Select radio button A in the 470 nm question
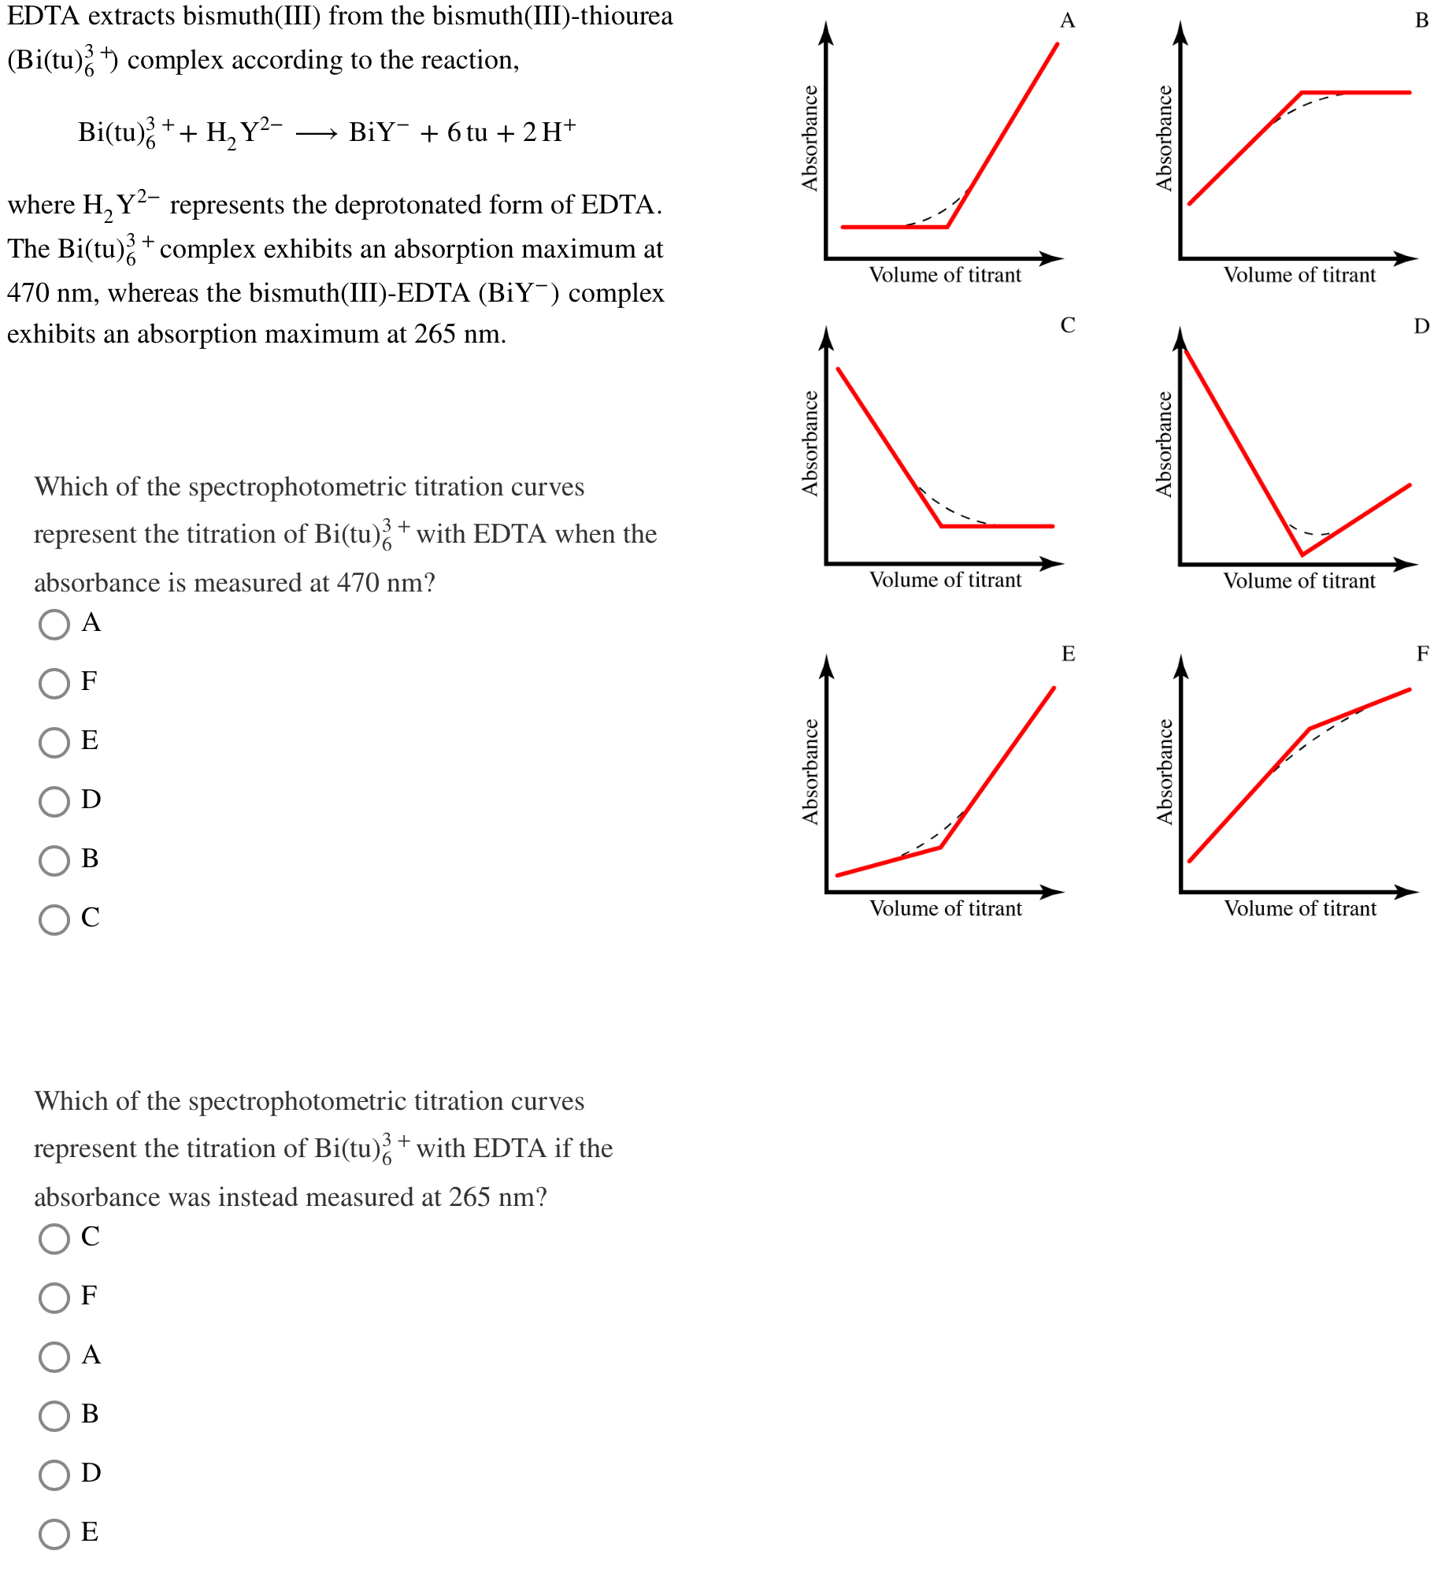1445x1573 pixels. coord(54,625)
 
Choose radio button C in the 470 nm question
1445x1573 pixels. coord(54,919)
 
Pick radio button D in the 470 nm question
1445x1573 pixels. coord(54,801)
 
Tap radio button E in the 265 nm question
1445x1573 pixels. coord(54,1534)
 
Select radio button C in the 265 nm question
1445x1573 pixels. coord(54,1238)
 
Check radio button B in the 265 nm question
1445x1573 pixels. coord(54,1415)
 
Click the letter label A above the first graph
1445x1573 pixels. coord(1067,20)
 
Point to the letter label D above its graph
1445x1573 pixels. coord(1421,326)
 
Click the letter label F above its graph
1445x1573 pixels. coord(1422,654)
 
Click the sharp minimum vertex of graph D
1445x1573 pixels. coord(1302,555)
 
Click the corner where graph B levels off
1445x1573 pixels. coord(1302,93)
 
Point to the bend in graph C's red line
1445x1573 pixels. coord(942,525)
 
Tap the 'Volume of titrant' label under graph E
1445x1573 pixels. coord(945,909)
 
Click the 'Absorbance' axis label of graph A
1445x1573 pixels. coord(810,138)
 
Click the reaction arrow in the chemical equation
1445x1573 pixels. coord(317,134)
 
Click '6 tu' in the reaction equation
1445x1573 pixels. coord(467,133)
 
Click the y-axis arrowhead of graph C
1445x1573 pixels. coord(826,337)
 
